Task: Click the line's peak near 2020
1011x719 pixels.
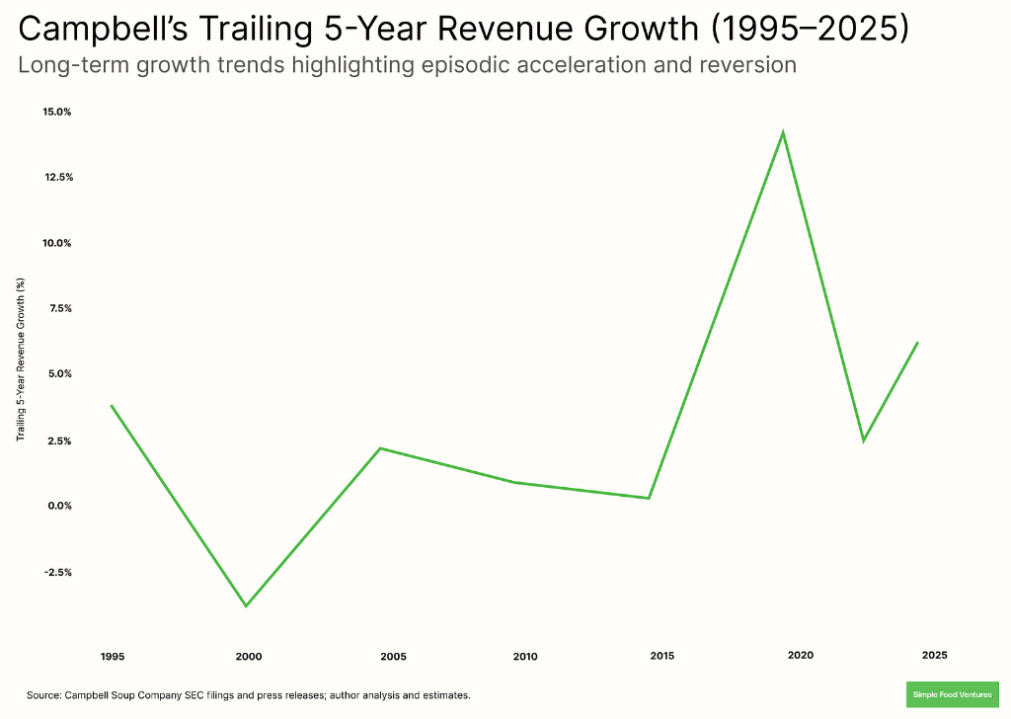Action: pos(783,132)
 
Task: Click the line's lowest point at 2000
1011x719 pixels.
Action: pos(246,605)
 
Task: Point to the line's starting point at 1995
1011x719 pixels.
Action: pos(112,406)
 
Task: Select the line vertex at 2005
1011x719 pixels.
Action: pos(380,448)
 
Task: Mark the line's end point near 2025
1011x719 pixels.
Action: pos(917,343)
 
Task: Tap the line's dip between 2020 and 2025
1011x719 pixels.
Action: pos(864,440)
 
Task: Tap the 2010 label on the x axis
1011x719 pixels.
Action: pos(525,657)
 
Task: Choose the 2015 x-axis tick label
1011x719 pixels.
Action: pos(662,657)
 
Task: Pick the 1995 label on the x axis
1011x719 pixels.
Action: pos(112,657)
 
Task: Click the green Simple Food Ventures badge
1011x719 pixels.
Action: pos(952,695)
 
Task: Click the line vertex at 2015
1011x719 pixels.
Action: pos(649,498)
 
